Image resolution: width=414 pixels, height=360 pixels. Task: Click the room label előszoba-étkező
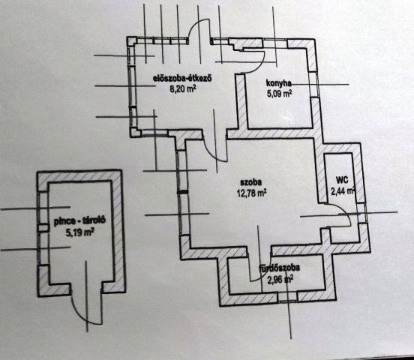(183, 79)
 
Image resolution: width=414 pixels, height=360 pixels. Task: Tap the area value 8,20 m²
(183, 88)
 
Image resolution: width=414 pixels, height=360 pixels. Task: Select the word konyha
(278, 83)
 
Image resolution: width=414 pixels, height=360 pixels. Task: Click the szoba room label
(250, 182)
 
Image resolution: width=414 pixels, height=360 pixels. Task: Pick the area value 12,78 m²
(251, 193)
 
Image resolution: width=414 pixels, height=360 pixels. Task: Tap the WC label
(342, 181)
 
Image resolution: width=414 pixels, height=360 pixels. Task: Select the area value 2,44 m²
(343, 191)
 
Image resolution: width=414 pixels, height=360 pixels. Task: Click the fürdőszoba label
(279, 268)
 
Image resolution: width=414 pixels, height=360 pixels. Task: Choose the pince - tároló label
(80, 221)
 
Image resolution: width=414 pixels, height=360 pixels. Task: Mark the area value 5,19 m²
(80, 232)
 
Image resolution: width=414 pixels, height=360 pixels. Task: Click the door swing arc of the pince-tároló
(79, 314)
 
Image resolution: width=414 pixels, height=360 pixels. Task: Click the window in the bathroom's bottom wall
(287, 297)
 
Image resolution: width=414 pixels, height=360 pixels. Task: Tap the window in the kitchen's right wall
(314, 85)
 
